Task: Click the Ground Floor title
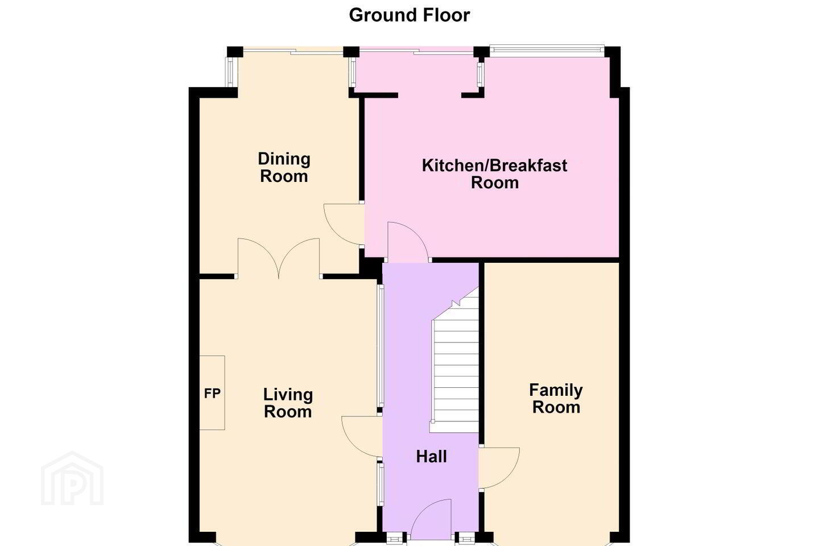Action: pos(409,15)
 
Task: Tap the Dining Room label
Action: pos(284,167)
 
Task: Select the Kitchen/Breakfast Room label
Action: pos(494,174)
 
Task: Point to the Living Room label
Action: pos(288,403)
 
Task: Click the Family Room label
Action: pos(556,399)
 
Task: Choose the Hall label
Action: pos(432,457)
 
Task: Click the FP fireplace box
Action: pos(212,393)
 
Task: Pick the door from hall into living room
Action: pos(362,437)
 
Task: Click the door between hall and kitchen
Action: pos(408,242)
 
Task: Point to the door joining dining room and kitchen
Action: pos(344,224)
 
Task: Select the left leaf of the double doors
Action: pos(258,258)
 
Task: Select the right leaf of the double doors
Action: pos(299,258)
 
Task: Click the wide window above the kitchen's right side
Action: pos(547,51)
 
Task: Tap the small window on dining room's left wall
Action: pos(230,72)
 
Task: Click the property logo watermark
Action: pos(72,478)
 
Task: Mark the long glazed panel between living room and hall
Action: pos(380,346)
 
